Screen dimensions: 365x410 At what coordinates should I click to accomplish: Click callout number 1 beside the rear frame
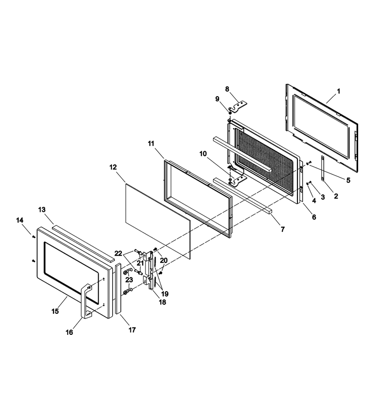tap(338, 91)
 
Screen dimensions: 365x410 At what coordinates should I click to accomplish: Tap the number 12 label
tap(113, 167)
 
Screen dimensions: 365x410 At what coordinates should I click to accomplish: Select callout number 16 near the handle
tap(69, 333)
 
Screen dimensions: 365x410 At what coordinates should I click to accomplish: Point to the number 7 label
tap(282, 229)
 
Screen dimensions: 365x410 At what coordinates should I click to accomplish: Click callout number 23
tap(129, 280)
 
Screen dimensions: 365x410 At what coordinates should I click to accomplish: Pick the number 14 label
tap(20, 220)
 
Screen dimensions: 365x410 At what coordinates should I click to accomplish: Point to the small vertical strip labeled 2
tap(323, 169)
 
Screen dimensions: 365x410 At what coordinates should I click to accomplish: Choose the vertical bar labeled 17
tap(117, 288)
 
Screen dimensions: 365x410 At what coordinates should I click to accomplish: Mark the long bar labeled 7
tap(242, 196)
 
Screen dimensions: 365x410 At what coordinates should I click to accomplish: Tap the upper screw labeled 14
tap(33, 237)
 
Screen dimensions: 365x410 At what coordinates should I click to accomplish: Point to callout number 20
tap(164, 261)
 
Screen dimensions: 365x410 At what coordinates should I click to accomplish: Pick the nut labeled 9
tap(230, 113)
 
